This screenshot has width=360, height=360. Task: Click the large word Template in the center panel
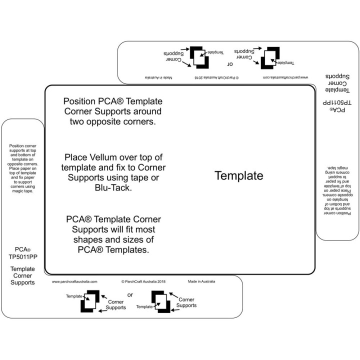[238, 176]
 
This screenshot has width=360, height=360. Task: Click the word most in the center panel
[145, 229]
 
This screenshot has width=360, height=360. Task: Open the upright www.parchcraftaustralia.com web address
[74, 281]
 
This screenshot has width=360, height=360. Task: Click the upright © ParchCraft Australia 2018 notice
[143, 281]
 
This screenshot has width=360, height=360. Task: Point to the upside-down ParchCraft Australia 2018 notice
[216, 77]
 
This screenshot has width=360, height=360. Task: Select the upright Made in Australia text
[201, 281]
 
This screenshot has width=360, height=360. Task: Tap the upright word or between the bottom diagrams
[130, 295]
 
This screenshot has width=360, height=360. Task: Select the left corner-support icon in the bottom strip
[90, 303]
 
